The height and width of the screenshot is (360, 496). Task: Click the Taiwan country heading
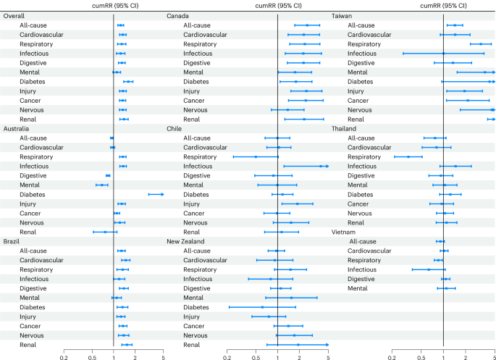coord(342,15)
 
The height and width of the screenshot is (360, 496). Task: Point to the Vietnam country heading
coord(344,232)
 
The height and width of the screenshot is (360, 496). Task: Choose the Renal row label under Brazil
coord(30,345)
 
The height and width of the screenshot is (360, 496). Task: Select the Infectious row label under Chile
coord(198,166)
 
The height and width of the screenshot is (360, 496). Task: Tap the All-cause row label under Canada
coord(197,25)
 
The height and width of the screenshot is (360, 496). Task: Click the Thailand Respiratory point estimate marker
coord(408,156)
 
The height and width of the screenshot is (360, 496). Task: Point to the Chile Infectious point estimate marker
coord(320,166)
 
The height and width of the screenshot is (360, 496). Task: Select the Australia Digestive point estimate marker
coord(108,175)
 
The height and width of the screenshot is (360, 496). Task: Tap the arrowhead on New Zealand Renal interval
coord(327,345)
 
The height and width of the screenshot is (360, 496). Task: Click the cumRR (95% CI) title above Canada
coord(278,5)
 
